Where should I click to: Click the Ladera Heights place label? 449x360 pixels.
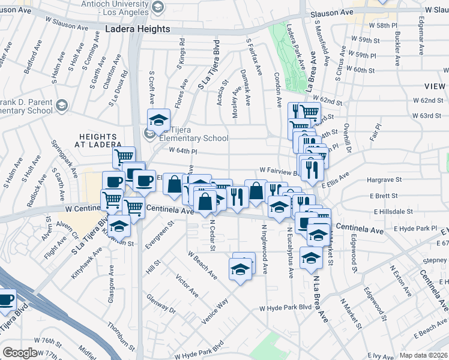click(x=137, y=29)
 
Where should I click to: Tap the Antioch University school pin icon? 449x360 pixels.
click(x=158, y=7)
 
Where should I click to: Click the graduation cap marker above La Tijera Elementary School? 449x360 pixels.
click(x=159, y=120)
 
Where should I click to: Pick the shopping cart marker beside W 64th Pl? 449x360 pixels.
click(x=124, y=157)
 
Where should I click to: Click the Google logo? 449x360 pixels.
click(x=20, y=353)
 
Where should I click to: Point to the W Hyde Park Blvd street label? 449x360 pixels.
click(x=285, y=307)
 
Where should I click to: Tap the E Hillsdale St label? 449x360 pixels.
click(x=394, y=212)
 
